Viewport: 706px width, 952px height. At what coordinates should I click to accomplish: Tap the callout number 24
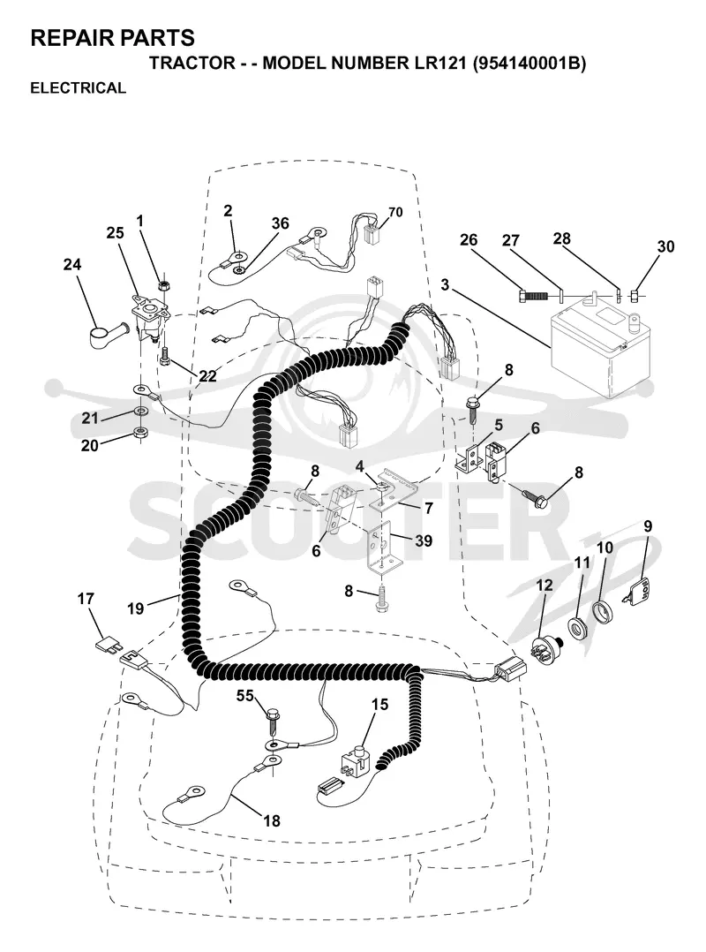72,265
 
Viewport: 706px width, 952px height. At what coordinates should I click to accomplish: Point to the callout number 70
394,212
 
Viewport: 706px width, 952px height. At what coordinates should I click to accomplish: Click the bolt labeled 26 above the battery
534,296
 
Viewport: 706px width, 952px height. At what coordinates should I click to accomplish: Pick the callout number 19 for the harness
136,608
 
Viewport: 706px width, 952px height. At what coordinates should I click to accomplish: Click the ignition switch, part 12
545,648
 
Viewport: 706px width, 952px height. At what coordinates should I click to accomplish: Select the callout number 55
245,696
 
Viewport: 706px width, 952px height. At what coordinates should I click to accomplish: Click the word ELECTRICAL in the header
79,88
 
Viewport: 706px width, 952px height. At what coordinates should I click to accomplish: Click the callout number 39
423,540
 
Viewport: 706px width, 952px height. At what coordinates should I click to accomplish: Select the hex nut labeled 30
635,296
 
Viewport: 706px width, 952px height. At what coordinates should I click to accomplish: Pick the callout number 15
379,705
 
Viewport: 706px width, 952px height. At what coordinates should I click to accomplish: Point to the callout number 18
272,821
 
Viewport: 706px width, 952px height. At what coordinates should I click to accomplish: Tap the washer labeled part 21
141,412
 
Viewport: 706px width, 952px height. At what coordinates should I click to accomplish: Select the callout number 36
281,223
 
